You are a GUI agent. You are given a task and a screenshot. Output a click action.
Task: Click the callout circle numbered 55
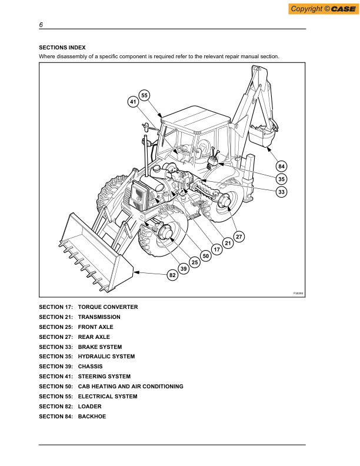coord(144,95)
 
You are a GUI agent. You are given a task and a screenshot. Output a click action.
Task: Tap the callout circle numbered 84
coord(282,167)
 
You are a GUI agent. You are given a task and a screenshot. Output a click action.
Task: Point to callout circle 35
coord(282,179)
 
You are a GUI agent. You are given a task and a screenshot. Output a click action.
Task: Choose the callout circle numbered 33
coord(282,191)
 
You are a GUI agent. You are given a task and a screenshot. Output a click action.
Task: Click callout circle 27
coord(239,237)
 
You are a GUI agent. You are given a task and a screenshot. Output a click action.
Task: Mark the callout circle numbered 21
coord(228,243)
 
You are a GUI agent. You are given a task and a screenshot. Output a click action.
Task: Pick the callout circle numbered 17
coord(216,249)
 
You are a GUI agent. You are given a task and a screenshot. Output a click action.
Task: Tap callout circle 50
coord(205,256)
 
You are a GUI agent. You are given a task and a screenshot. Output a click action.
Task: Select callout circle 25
coord(194,262)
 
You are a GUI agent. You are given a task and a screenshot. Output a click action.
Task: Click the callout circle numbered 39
coord(184,269)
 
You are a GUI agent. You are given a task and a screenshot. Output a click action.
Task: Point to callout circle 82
coord(172,275)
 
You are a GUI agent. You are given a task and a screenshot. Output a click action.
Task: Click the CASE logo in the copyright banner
coord(335,8)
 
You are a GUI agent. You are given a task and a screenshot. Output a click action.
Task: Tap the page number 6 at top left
coord(41,25)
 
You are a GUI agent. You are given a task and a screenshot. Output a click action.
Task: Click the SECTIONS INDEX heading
coord(62,46)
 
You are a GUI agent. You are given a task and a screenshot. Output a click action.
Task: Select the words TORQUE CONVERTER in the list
coord(108,307)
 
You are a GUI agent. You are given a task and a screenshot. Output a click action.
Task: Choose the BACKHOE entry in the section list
coord(92,417)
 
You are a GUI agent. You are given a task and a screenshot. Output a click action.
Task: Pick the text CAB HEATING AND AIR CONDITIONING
coord(131,387)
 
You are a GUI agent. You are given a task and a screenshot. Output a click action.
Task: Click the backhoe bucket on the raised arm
coord(263,135)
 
